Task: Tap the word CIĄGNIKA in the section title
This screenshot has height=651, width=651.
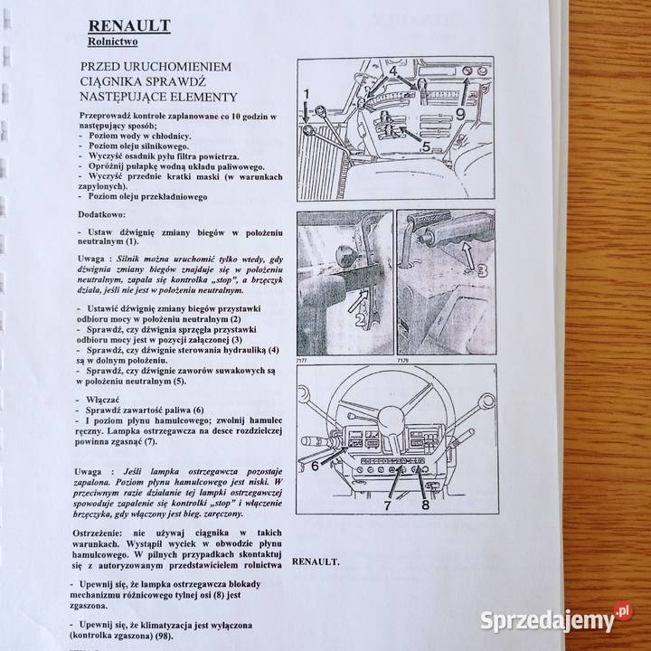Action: click(119, 83)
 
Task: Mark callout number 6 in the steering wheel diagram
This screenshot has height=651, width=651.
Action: click(316, 466)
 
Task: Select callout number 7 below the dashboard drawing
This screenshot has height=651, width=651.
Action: click(386, 506)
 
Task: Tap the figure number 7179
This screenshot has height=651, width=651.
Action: click(402, 360)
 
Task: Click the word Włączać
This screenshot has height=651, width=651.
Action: click(98, 399)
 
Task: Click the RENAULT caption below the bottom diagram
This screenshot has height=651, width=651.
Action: click(316, 561)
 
